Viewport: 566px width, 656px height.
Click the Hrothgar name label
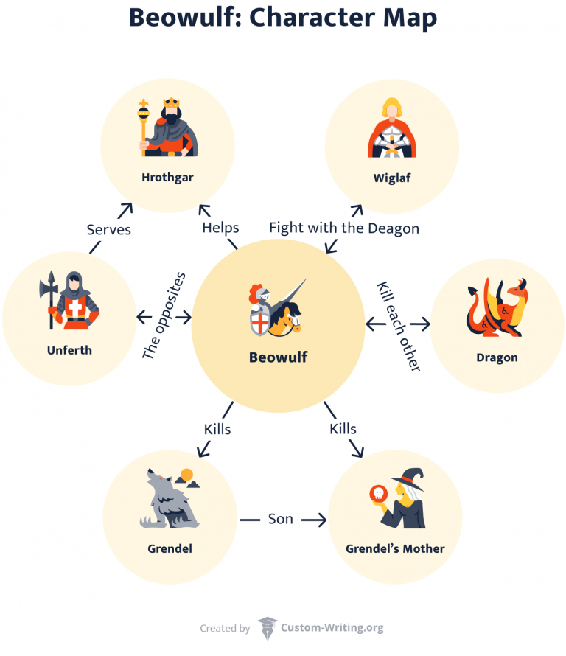(x=167, y=177)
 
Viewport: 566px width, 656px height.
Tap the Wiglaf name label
(x=392, y=178)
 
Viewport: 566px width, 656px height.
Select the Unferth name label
(x=69, y=350)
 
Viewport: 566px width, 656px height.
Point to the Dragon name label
(x=497, y=357)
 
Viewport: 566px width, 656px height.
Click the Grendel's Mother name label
(x=395, y=548)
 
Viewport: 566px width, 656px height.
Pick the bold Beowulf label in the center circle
(x=278, y=357)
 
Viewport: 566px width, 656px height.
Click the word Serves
(x=108, y=229)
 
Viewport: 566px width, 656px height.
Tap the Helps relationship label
(x=220, y=228)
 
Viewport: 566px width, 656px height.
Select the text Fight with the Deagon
(x=344, y=228)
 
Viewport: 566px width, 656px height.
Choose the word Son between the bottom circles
(x=280, y=519)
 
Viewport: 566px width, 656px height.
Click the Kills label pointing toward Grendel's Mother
(x=343, y=428)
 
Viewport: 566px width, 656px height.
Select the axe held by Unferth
(x=51, y=295)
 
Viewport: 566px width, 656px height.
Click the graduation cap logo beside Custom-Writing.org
(x=267, y=628)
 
